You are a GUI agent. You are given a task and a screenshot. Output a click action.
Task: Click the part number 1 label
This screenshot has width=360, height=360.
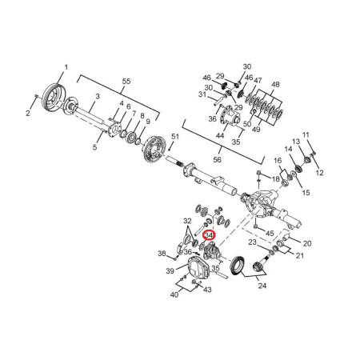[x=66, y=67]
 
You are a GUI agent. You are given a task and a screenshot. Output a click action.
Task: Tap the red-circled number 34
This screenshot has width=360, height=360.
[x=209, y=235]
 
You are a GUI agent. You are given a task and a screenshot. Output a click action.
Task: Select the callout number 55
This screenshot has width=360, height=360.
[x=126, y=81]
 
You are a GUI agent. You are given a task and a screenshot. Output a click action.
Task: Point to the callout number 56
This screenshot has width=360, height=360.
[x=218, y=159]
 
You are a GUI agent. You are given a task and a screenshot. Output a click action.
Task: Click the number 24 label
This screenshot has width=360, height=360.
[x=262, y=286]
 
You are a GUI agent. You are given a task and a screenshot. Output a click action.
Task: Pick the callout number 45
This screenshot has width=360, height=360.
[x=270, y=234]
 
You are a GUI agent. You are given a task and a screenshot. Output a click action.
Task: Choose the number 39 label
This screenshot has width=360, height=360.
[x=170, y=271]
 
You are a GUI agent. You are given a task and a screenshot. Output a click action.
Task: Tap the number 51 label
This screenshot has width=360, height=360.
[x=175, y=137]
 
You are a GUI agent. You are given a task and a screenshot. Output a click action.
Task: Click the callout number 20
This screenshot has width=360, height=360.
[x=307, y=243]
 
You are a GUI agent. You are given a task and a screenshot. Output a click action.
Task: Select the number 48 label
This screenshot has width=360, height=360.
[x=275, y=85]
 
